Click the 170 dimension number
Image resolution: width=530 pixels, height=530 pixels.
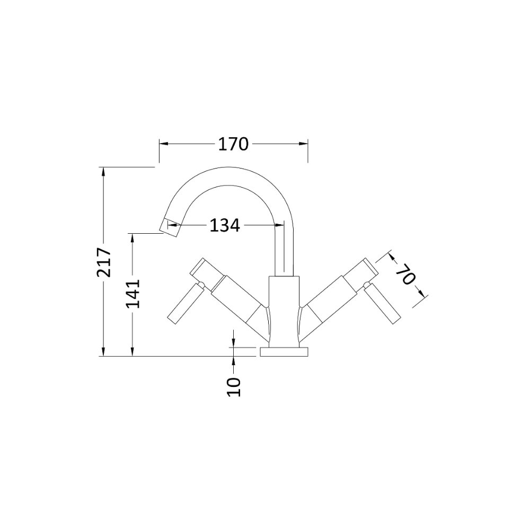coord(233,144)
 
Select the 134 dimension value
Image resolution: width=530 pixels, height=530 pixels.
coord(225,225)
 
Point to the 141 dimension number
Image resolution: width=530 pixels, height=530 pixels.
coord(133,294)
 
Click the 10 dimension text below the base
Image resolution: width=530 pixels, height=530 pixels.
coord(234,387)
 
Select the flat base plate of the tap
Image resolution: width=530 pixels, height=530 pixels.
coord(284,351)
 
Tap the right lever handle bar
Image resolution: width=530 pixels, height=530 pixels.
coord(382,304)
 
